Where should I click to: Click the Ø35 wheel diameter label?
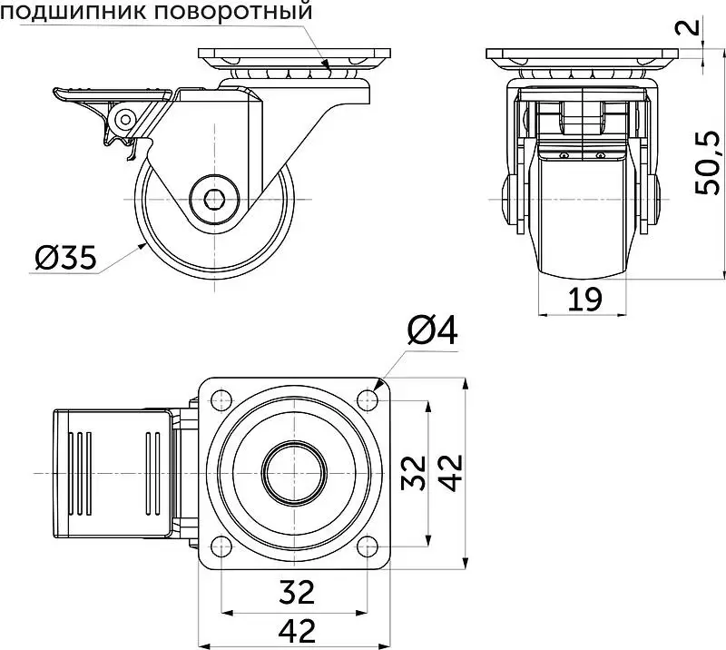(65, 258)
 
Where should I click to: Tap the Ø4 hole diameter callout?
(433, 330)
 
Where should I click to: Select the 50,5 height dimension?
(709, 162)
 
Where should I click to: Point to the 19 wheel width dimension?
(584, 299)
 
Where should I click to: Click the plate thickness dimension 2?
(692, 25)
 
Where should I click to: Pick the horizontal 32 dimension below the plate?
(297, 593)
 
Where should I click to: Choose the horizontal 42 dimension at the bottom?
(297, 631)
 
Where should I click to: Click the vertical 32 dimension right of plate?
(414, 473)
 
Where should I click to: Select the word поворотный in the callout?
(232, 11)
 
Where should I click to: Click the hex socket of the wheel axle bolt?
(214, 199)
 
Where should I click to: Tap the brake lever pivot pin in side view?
(125, 120)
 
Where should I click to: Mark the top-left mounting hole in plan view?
(221, 399)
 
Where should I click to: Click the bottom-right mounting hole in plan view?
(368, 547)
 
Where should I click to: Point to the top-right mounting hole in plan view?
(368, 399)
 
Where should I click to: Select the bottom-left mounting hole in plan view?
(221, 547)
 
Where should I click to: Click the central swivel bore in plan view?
(294, 473)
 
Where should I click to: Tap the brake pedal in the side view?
(111, 94)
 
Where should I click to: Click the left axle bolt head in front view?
(509, 199)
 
